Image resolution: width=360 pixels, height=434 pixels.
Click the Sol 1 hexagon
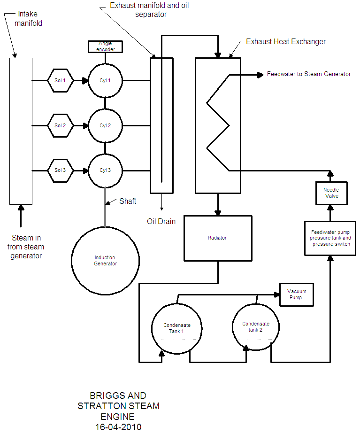(61, 81)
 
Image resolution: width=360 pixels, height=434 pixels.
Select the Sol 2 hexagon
(61, 126)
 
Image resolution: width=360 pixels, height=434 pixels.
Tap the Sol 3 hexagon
(61, 170)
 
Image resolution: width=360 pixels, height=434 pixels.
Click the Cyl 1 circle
(105, 81)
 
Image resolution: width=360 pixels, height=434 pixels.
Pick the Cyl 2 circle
(105, 126)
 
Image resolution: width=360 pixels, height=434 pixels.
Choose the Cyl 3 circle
(105, 170)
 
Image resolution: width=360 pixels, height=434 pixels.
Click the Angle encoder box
(105, 46)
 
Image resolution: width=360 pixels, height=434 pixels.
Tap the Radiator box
(217, 238)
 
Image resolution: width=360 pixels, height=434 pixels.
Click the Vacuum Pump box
(296, 295)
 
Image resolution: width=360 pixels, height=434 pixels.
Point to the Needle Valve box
(331, 193)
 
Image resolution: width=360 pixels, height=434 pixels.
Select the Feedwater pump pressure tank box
(330, 238)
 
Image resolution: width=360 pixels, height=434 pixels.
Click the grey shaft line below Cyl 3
(105, 207)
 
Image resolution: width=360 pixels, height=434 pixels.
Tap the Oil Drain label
(161, 221)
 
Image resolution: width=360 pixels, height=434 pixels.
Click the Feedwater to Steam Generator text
(308, 74)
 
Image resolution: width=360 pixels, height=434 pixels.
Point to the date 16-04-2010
(118, 426)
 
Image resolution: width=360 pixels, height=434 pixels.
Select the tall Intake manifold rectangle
(21, 131)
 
